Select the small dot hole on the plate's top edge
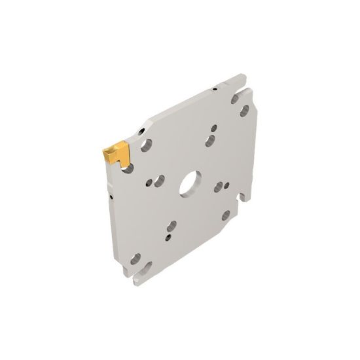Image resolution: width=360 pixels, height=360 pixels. click(213, 88)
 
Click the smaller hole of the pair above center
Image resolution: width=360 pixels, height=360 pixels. click(213, 128)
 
